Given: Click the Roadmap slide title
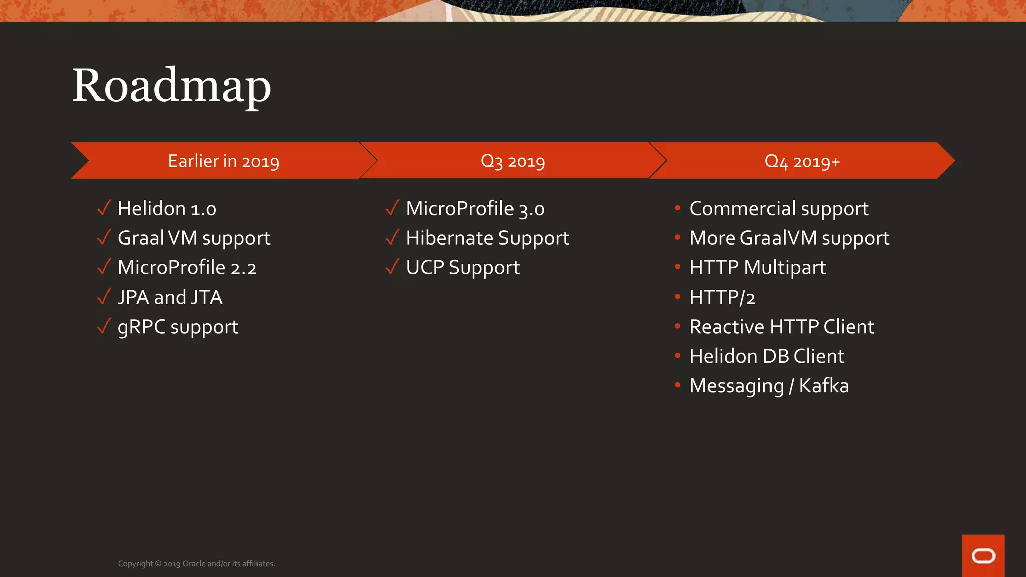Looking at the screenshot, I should click(171, 86).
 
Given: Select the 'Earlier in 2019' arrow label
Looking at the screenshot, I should click(223, 161).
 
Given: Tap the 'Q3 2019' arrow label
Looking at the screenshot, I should click(512, 161).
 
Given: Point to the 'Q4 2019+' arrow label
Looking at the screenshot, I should click(802, 161).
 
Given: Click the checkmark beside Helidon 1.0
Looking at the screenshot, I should click(104, 208).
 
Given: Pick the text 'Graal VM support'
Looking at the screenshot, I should click(194, 238).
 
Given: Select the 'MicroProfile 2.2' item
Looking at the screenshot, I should click(187, 268).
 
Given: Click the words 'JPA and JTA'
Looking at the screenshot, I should click(170, 298).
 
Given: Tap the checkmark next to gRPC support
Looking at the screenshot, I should click(104, 326).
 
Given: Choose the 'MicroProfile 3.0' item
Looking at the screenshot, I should click(475, 209).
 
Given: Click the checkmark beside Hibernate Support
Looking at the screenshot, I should click(392, 237).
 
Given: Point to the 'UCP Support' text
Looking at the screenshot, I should click(462, 268).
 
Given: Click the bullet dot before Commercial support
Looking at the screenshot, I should click(677, 208).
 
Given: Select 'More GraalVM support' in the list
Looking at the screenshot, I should click(789, 238).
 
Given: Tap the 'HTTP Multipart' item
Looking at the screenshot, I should click(757, 268).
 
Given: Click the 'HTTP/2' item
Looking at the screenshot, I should click(722, 298).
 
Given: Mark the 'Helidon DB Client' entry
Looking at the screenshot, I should click(766, 357).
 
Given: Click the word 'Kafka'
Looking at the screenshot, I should click(824, 386).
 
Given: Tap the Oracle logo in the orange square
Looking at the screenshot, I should click(983, 556).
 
